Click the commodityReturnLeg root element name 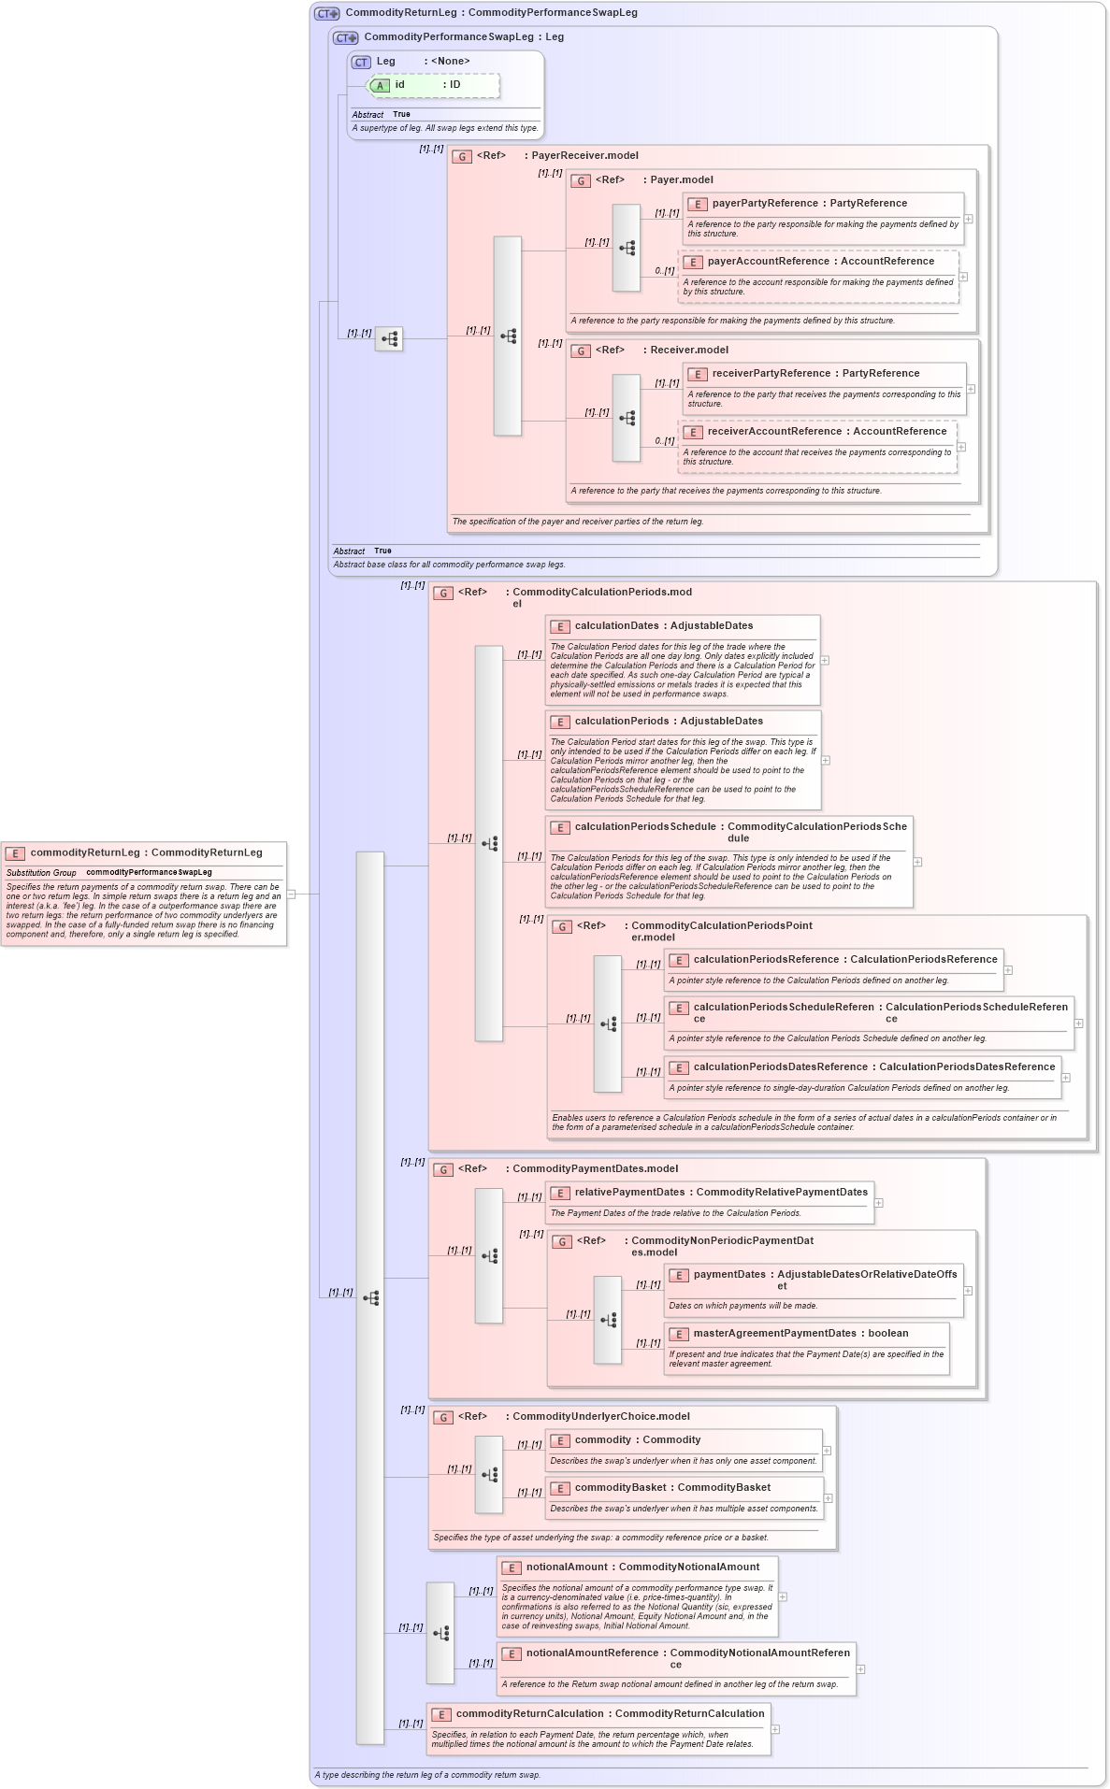[85, 852]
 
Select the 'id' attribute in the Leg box [399, 85]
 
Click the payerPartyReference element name [765, 204]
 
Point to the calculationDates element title [617, 626]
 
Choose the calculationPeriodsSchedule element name [645, 827]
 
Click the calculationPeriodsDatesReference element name [780, 1067]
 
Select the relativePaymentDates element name [629, 1193]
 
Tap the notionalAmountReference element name [592, 1653]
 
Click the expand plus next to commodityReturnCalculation [775, 1729]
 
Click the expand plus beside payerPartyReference [969, 219]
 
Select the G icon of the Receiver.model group [581, 351]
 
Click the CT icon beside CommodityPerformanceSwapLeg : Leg [346, 38]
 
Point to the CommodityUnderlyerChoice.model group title [600, 1417]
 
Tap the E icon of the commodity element [560, 1441]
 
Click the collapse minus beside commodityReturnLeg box [292, 894]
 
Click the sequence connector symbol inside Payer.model [627, 249]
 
